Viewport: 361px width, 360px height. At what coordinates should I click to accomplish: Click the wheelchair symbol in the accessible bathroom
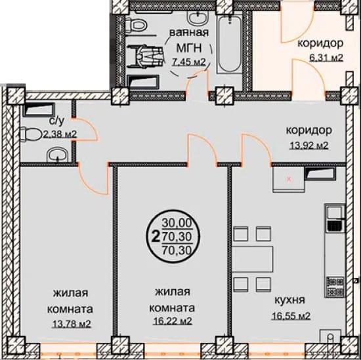pyautogui.click(x=146, y=56)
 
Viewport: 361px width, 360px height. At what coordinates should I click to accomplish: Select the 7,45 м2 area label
pyautogui.click(x=189, y=62)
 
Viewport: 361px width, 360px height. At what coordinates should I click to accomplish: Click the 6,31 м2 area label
pyautogui.click(x=327, y=57)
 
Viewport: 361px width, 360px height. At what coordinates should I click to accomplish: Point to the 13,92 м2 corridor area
pyautogui.click(x=308, y=146)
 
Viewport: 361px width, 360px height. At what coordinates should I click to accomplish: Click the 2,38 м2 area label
pyautogui.click(x=60, y=134)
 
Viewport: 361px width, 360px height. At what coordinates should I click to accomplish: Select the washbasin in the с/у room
pyautogui.click(x=57, y=155)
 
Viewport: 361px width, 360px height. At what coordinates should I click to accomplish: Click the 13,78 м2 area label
pyautogui.click(x=72, y=324)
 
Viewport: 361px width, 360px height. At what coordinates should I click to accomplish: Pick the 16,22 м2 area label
pyautogui.click(x=173, y=321)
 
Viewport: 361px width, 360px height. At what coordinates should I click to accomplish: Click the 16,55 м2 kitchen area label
pyautogui.click(x=291, y=316)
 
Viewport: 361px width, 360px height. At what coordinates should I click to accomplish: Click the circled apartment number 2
pyautogui.click(x=156, y=236)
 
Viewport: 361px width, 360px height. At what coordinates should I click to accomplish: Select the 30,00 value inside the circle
pyautogui.click(x=177, y=223)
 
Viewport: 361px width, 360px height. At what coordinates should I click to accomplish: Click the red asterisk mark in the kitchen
pyautogui.click(x=289, y=178)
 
